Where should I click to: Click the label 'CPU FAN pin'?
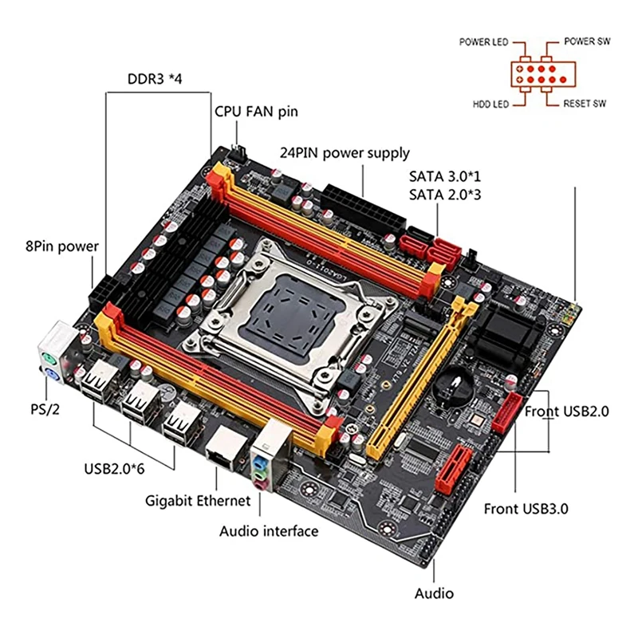click(x=255, y=111)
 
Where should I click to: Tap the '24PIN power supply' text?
click(x=344, y=152)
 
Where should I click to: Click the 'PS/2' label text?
click(x=35, y=410)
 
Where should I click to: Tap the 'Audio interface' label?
click(x=269, y=531)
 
